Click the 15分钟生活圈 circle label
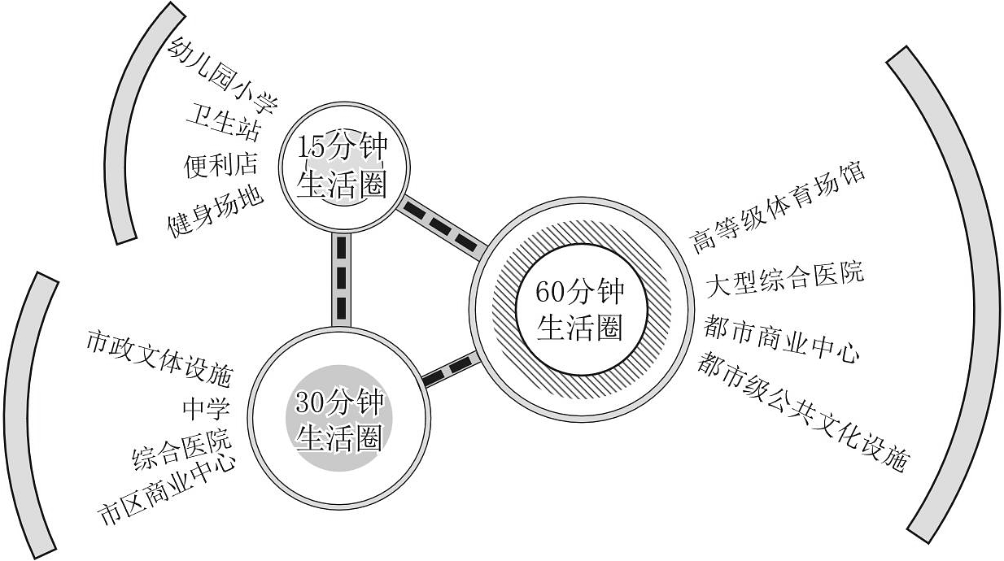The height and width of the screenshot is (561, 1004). [x=343, y=167]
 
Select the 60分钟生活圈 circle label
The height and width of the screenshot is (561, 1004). [x=580, y=310]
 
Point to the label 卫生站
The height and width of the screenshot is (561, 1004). [x=223, y=121]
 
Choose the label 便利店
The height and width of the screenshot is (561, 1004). [x=220, y=165]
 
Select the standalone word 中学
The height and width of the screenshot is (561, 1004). [x=206, y=408]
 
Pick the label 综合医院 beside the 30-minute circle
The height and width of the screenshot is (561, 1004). [x=182, y=449]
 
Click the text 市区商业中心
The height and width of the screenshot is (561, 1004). [x=167, y=489]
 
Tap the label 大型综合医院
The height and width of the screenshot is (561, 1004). [x=784, y=280]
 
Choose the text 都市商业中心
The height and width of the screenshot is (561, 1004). [x=781, y=338]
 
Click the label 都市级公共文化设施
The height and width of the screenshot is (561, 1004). [x=803, y=411]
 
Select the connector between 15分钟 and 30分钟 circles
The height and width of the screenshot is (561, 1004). [x=341, y=280]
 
